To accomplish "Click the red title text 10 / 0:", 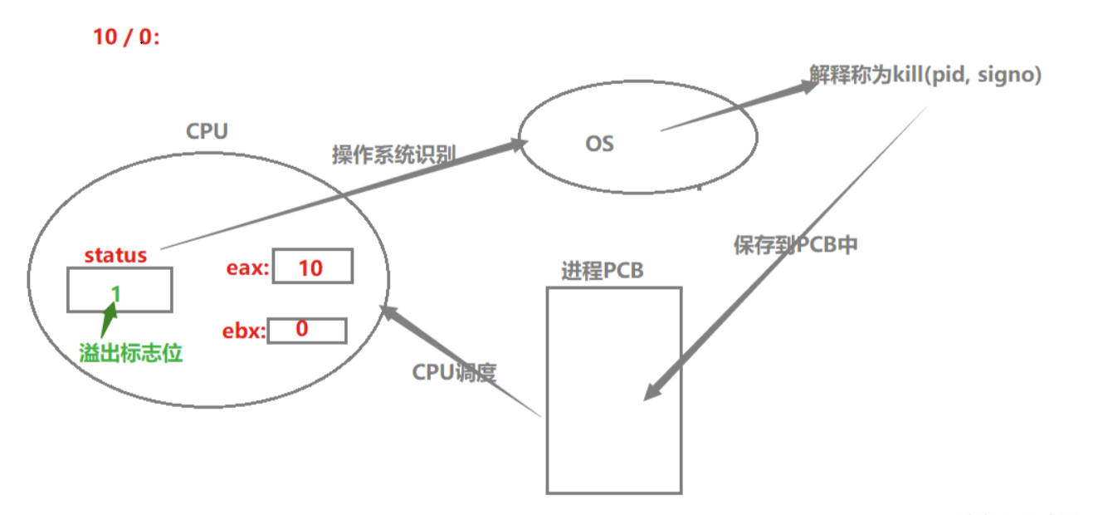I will tap(125, 37).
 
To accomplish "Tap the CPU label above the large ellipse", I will tap(207, 131).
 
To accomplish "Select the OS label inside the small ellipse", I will tap(599, 144).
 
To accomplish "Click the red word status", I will tap(115, 255).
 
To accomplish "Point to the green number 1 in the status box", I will tap(116, 293).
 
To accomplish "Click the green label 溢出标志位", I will tap(130, 353).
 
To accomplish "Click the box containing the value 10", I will tap(312, 267).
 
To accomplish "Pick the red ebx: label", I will tap(243, 331).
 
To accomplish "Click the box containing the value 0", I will tap(305, 330).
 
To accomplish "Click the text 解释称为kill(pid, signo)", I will tap(925, 75).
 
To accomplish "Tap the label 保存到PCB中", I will tap(794, 246).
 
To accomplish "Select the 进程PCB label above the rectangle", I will tap(602, 272).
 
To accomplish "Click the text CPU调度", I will tap(454, 372).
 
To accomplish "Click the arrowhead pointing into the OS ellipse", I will tap(519, 145).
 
